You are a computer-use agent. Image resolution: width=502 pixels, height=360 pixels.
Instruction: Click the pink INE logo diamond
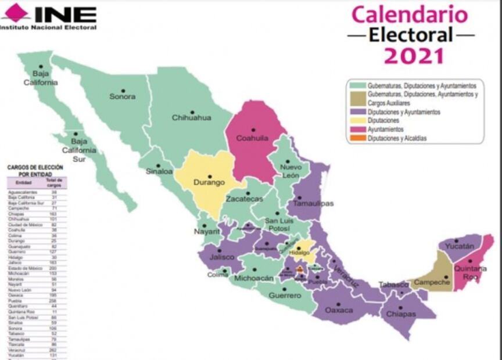click(16, 12)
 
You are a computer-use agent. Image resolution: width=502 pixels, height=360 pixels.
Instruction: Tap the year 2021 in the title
click(414, 56)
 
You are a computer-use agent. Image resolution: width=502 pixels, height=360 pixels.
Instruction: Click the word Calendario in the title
click(410, 14)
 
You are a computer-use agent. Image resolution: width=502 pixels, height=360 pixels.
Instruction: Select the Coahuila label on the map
click(252, 139)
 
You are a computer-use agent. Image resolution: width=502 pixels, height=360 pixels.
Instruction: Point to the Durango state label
click(209, 182)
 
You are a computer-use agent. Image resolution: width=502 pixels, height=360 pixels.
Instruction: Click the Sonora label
click(122, 96)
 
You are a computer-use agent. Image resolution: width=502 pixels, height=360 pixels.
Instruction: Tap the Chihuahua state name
click(191, 118)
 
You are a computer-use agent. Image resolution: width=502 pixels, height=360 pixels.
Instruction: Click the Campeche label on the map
click(431, 282)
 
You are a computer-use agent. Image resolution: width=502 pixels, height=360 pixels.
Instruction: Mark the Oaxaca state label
click(338, 310)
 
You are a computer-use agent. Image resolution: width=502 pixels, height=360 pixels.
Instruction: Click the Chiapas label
click(401, 314)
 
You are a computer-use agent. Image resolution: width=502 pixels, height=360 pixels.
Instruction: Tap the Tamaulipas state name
click(313, 204)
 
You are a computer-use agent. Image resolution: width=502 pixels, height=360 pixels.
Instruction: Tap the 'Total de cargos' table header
click(56, 183)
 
